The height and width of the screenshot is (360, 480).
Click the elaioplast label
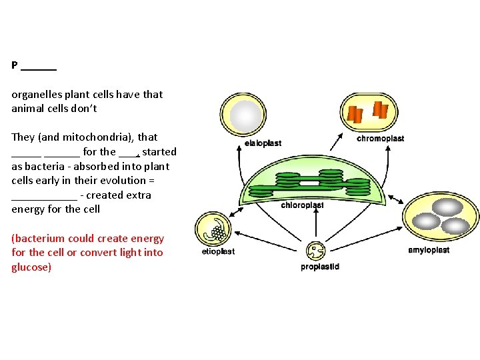click(263, 143)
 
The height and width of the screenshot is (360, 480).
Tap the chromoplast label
click(380, 139)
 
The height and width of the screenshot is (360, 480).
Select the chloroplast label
click(302, 205)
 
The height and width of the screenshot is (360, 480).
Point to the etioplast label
click(218, 251)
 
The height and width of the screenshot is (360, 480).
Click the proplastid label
click(320, 267)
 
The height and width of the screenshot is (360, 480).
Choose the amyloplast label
click(429, 250)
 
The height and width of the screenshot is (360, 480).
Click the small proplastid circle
click(315, 251)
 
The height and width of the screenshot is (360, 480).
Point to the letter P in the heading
click(14, 65)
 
